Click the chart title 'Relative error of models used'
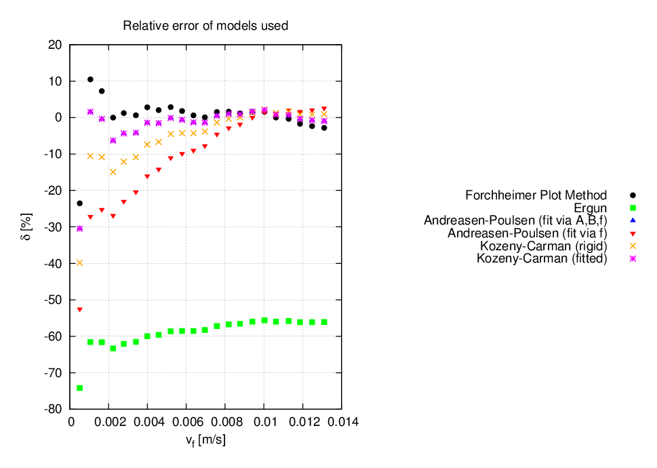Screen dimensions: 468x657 tap(205, 26)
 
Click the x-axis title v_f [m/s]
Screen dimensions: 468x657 tap(205, 440)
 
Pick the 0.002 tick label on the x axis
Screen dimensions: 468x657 tap(109, 421)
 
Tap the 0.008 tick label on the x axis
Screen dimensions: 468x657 tap(226, 421)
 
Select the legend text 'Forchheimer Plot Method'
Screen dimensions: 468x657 tap(536, 195)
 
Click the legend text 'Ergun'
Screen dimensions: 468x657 tap(591, 208)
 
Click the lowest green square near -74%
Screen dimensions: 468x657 tap(79, 388)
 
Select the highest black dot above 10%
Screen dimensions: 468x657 tap(90, 79)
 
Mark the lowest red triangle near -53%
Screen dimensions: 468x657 tap(79, 310)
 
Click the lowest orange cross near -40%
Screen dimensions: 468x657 tap(79, 262)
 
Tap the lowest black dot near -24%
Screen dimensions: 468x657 tap(79, 203)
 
